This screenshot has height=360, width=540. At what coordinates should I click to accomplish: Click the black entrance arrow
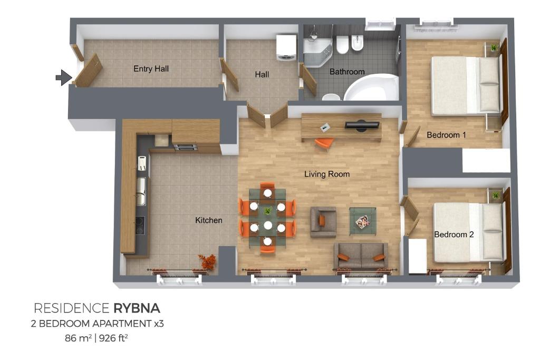[x=63, y=77]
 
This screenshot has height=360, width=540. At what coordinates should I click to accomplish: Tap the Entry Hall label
[x=151, y=69]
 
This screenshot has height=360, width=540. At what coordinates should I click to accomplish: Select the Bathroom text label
[x=347, y=72]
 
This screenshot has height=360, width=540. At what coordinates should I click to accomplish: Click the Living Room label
[x=326, y=174]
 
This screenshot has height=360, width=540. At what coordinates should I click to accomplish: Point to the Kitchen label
[x=208, y=220]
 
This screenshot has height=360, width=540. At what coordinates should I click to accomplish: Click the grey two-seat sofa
[x=361, y=256]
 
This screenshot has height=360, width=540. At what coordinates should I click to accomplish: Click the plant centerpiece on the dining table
[x=267, y=211]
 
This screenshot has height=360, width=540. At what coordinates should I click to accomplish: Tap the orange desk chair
[x=324, y=143]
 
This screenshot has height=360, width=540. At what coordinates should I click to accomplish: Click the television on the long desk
[x=362, y=125]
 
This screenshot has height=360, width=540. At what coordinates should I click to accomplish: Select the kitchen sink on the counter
[x=141, y=191]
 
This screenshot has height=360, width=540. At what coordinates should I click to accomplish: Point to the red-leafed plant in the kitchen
[x=207, y=261]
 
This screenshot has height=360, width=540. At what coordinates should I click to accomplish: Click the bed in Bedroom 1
[x=465, y=85]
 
